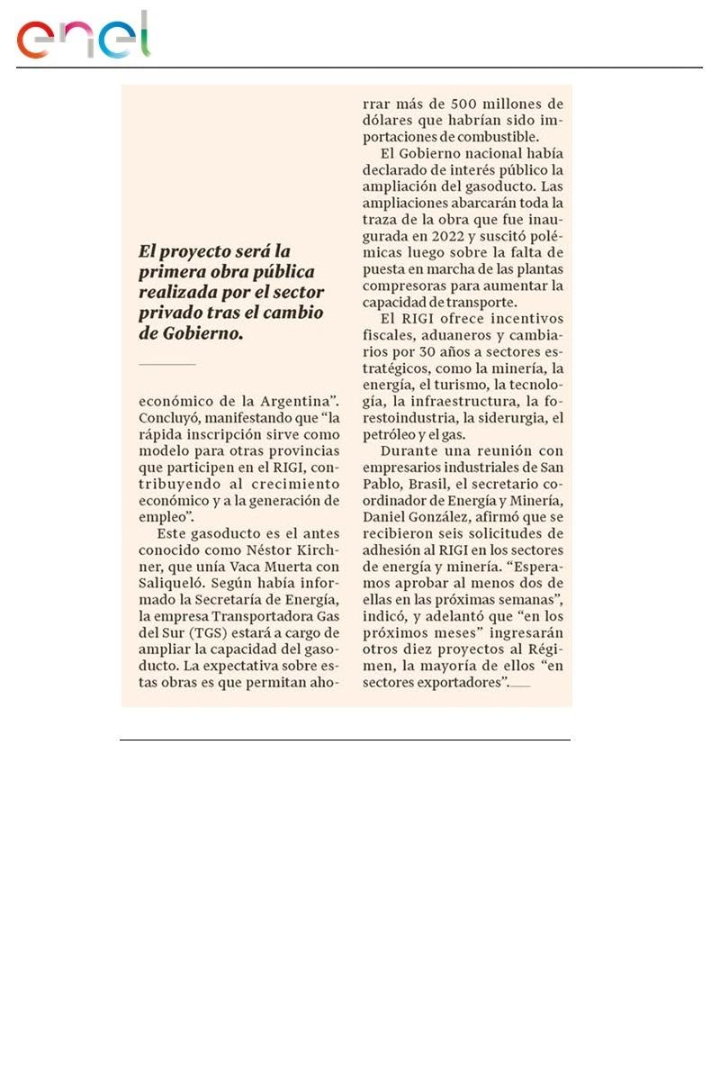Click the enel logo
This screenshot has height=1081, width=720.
click(x=84, y=37)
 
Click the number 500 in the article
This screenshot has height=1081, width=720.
click(x=469, y=104)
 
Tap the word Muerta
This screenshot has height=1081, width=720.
click(x=275, y=566)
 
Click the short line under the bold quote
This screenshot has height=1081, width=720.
click(x=166, y=364)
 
